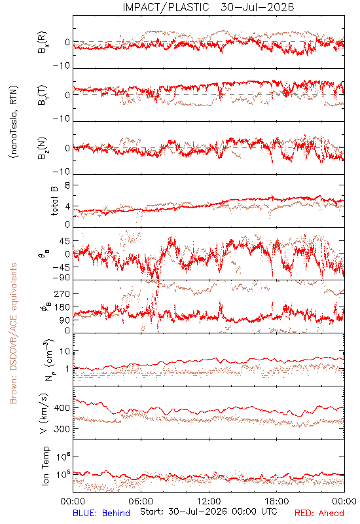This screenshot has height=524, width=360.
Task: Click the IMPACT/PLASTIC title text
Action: [166, 7]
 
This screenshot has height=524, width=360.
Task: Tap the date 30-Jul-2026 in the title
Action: [257, 7]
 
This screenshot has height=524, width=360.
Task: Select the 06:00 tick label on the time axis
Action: [141, 501]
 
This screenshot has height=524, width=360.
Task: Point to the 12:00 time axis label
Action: [209, 501]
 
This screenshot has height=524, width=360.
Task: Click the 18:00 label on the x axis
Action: [276, 501]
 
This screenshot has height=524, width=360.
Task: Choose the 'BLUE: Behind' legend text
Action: [101, 513]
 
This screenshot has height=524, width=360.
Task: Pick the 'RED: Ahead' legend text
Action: [319, 513]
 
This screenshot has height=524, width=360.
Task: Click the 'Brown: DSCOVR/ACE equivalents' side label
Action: [13, 333]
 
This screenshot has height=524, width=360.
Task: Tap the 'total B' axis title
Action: [54, 200]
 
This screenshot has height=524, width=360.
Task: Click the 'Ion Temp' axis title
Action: [45, 466]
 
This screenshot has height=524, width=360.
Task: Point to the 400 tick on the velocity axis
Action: [62, 407]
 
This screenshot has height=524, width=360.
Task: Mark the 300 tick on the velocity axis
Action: [62, 429]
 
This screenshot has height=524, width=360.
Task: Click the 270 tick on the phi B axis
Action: [62, 293]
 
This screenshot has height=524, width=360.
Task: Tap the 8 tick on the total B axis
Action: [67, 185]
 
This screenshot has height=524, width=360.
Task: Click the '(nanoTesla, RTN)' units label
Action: [14, 122]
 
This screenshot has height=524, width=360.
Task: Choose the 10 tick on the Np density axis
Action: [65, 351]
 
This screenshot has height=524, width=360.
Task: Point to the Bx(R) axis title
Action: [43, 43]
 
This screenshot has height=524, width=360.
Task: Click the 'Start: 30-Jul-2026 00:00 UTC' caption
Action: [208, 512]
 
